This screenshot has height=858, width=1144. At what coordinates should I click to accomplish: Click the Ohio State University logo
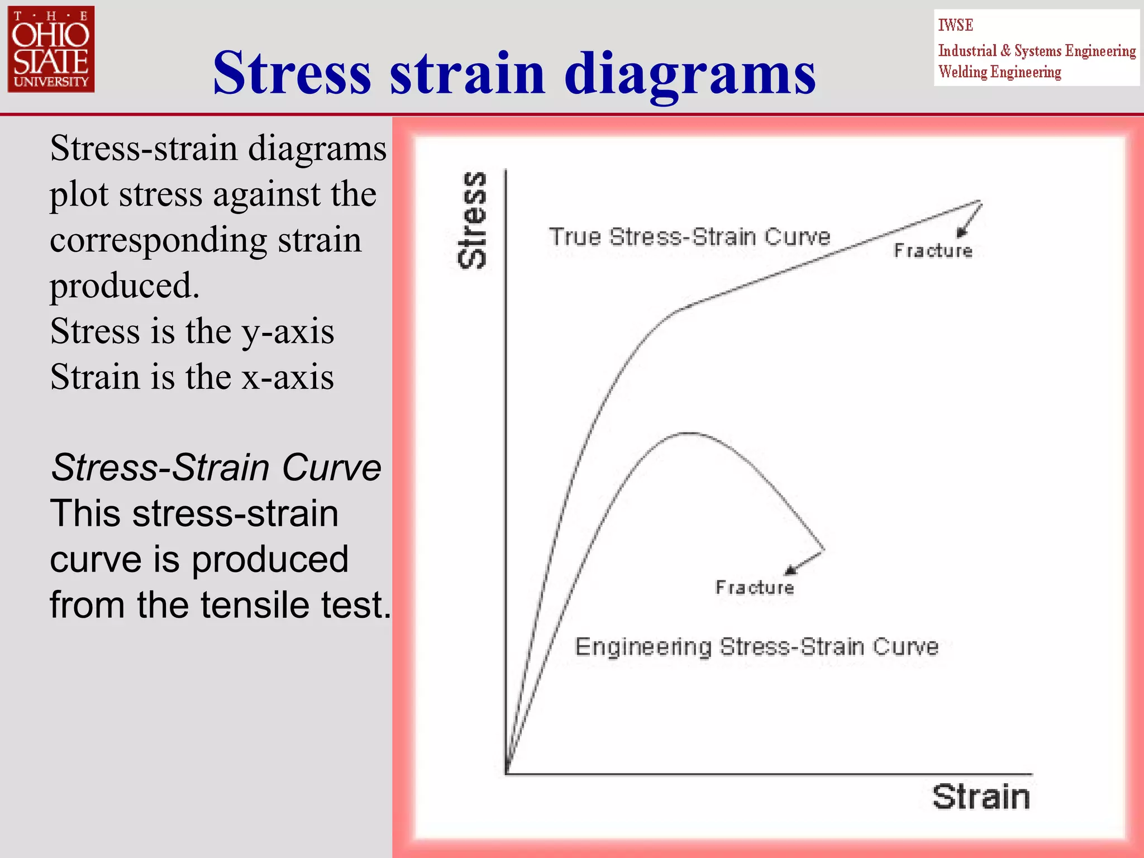pyautogui.click(x=51, y=49)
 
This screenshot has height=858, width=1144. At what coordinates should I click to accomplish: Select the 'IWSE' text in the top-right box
pyautogui.click(x=955, y=26)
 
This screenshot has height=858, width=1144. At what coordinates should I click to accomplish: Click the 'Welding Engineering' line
pyautogui.click(x=999, y=72)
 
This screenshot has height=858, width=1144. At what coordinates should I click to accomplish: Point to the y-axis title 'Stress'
pyautogui.click(x=473, y=220)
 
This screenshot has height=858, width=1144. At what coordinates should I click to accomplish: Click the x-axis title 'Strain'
pyautogui.click(x=980, y=797)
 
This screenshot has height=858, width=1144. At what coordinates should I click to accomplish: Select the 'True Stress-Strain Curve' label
pyautogui.click(x=689, y=237)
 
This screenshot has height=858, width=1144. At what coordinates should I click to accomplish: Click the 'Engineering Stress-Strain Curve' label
pyautogui.click(x=756, y=647)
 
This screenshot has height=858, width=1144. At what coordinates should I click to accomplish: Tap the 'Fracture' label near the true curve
pyautogui.click(x=932, y=251)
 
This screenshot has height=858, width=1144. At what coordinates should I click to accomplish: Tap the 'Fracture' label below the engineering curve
pyautogui.click(x=754, y=588)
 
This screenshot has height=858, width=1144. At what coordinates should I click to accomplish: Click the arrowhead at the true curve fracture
pyautogui.click(x=961, y=232)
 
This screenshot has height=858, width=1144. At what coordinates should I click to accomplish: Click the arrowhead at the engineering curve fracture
pyautogui.click(x=790, y=570)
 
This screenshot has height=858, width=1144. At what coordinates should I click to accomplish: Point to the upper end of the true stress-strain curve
pyautogui.click(x=979, y=201)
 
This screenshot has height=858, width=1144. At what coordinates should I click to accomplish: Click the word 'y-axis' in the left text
pyautogui.click(x=288, y=331)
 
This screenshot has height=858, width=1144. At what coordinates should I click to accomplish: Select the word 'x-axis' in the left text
pyautogui.click(x=288, y=377)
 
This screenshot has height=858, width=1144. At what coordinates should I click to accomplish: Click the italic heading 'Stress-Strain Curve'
pyautogui.click(x=216, y=467)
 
